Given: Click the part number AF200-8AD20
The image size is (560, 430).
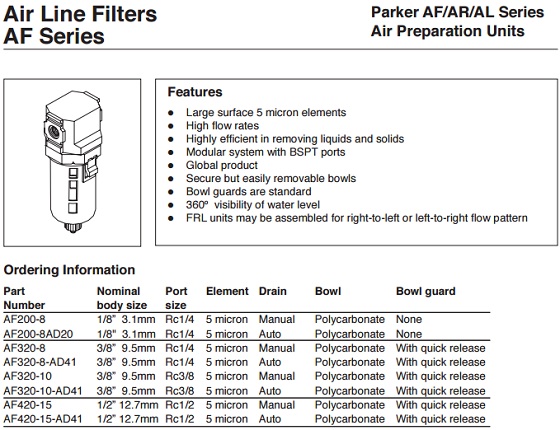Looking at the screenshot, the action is [x=38, y=334].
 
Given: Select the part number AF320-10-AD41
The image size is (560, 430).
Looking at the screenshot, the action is [x=43, y=391].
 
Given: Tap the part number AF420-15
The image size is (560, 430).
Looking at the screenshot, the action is [x=28, y=405].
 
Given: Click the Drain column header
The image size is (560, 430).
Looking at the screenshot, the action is [x=272, y=291].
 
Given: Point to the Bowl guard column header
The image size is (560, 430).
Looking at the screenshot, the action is [x=426, y=292].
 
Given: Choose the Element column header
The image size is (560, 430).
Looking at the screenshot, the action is [x=227, y=291].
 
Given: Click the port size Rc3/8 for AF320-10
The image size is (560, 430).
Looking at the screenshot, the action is [x=180, y=376].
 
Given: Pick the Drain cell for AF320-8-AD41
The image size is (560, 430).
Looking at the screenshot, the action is [x=270, y=362].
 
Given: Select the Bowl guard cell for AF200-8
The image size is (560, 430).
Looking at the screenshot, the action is [x=409, y=319].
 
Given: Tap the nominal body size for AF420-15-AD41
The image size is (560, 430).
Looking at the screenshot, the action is [x=128, y=419].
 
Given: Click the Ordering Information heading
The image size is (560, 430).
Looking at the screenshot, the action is [x=69, y=270].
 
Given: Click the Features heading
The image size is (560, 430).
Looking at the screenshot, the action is [x=195, y=92].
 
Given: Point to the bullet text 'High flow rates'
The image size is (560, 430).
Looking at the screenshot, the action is [x=222, y=126].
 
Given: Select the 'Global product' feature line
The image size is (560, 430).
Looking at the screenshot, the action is [x=222, y=165].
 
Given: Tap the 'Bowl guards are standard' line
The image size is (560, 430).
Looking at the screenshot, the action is [x=249, y=192].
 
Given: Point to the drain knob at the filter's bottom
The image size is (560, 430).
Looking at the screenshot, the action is [x=74, y=228].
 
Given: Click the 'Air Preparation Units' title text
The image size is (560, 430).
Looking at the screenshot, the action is [x=448, y=31].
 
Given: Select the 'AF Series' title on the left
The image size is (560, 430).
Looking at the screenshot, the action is [x=54, y=36].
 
